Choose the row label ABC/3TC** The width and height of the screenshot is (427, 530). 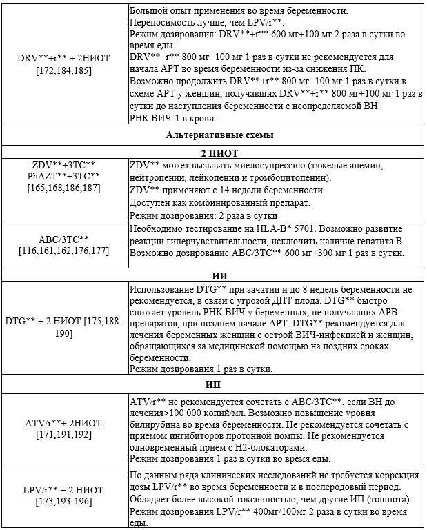pyautogui.click(x=65, y=239)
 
